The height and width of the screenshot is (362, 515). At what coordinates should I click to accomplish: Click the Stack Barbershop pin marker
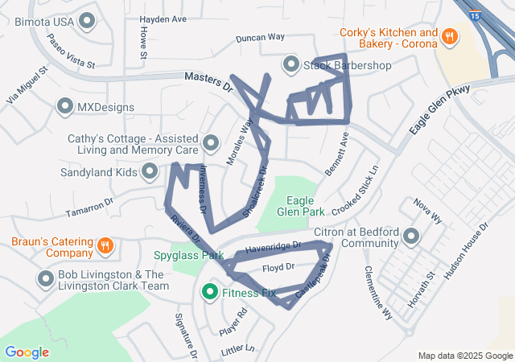tap(290, 64)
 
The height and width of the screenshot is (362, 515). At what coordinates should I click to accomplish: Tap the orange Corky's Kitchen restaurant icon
tap(450, 35)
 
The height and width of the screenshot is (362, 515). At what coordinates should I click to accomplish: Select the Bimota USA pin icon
tap(85, 22)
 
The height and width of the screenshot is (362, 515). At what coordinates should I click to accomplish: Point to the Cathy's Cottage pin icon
tap(212, 143)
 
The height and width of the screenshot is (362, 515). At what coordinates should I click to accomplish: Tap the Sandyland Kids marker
tap(150, 171)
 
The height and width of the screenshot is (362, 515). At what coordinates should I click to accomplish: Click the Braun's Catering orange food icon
tap(105, 245)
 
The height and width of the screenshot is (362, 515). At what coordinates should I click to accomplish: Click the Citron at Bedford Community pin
tap(412, 237)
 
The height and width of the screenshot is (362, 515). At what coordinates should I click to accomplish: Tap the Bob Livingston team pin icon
tap(45, 279)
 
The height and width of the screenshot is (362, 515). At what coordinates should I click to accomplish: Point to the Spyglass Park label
tap(188, 255)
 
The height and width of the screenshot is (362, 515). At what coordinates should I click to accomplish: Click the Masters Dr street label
tap(208, 80)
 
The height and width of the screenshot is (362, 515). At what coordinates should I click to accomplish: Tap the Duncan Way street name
tap(261, 38)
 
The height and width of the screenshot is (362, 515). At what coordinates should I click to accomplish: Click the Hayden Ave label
tap(163, 19)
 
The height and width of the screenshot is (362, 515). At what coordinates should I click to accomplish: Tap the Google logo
tap(27, 352)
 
